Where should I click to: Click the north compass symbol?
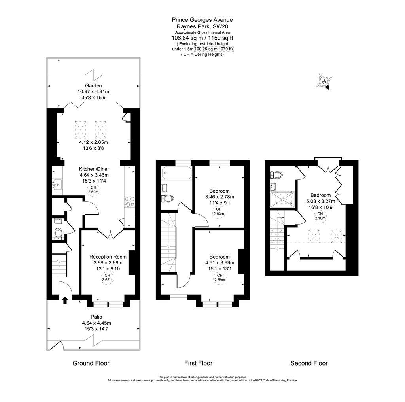pyautogui.click(x=324, y=82)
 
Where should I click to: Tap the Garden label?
pyautogui.click(x=93, y=85)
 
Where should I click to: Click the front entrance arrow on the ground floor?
pyautogui.click(x=65, y=300)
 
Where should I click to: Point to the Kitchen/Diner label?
pyautogui.click(x=93, y=169)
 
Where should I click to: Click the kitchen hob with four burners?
pyautogui.click(x=129, y=202)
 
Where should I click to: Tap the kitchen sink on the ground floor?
pyautogui.click(x=57, y=183)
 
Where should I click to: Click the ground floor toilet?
pyautogui.click(x=58, y=233)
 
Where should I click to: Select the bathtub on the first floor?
pyautogui.click(x=177, y=173)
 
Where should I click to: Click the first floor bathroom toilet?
pyautogui.click(x=168, y=198)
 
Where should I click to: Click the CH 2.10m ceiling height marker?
pyautogui.click(x=320, y=216)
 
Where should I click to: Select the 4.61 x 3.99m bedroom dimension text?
pyautogui.click(x=220, y=262)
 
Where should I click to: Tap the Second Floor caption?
pyautogui.click(x=309, y=363)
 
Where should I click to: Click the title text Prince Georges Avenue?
pyautogui.click(x=202, y=19)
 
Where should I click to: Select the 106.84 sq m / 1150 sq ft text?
pyautogui.click(x=202, y=38)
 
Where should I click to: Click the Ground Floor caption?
pyautogui.click(x=91, y=363)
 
